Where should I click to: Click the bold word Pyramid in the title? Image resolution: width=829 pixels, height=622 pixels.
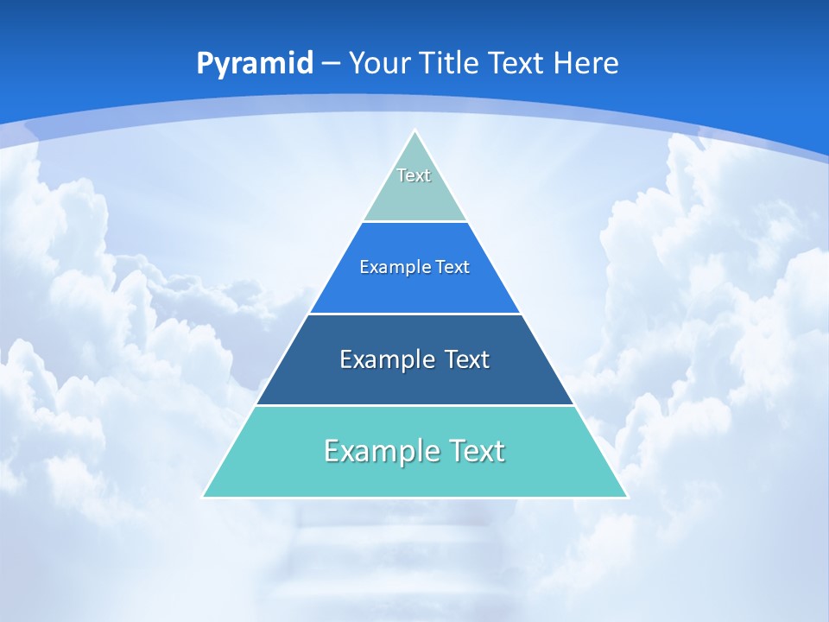click(255, 64)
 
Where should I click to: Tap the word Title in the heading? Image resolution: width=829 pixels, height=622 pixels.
click(450, 63)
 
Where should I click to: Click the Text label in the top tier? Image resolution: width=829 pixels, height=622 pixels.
click(414, 175)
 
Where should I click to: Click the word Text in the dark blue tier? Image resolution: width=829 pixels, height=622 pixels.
click(467, 359)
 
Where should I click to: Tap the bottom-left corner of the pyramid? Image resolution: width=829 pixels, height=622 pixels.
click(204, 497)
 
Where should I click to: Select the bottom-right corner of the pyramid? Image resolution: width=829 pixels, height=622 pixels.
click(626, 497)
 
